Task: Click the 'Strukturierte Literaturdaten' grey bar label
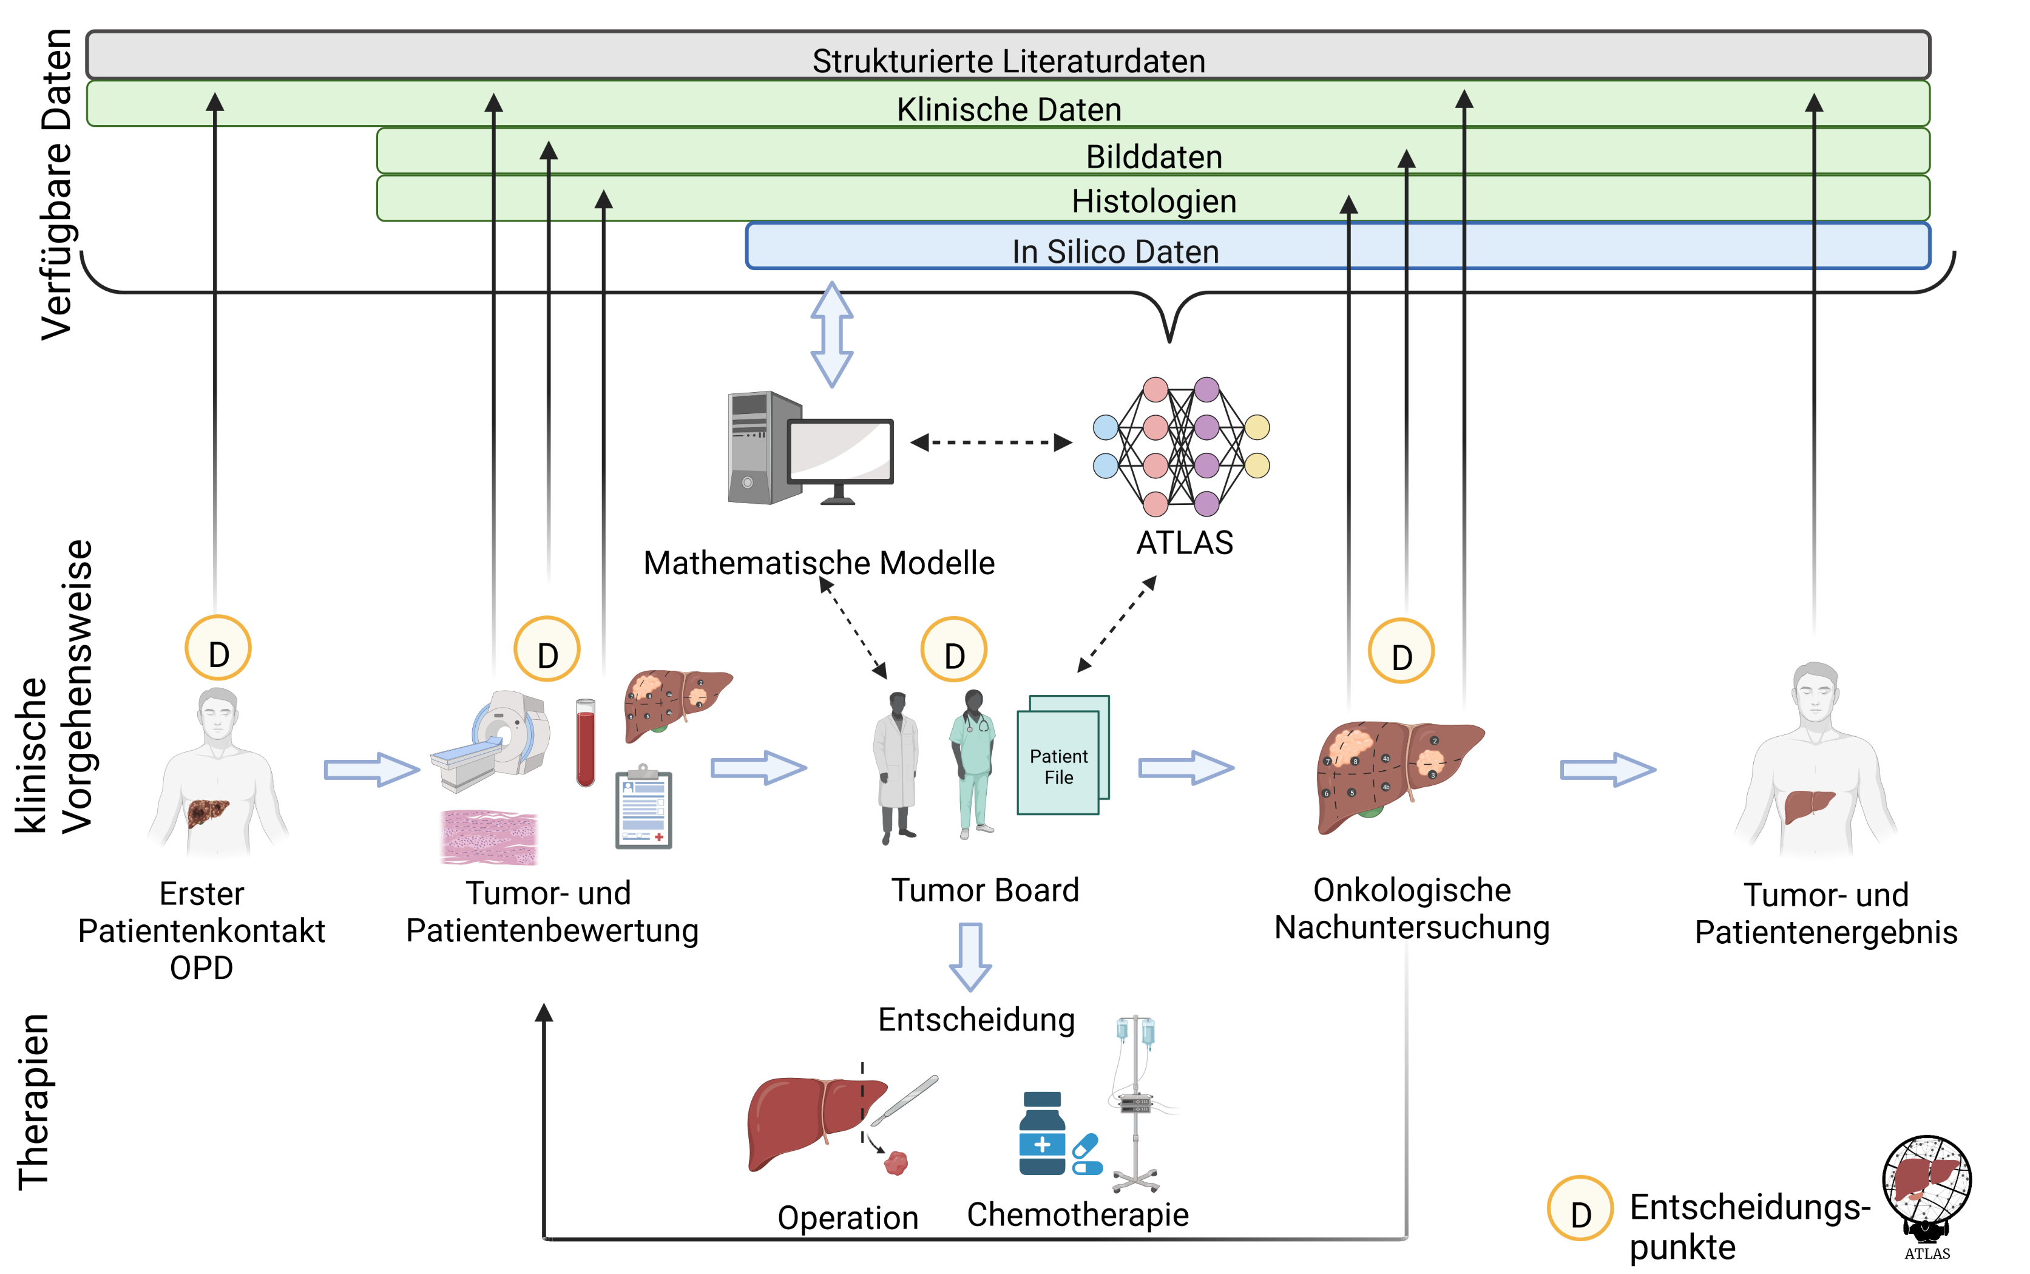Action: tap(1008, 61)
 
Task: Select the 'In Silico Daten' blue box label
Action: tap(1115, 252)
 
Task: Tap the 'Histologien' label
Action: tap(1154, 202)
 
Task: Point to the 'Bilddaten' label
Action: tap(1154, 157)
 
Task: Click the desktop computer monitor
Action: tap(840, 459)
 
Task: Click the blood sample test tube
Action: tap(586, 742)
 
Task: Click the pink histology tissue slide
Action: tap(489, 837)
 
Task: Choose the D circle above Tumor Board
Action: tap(953, 649)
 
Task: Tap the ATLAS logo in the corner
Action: tap(1926, 1196)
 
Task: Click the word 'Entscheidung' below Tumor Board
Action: tap(976, 1020)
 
